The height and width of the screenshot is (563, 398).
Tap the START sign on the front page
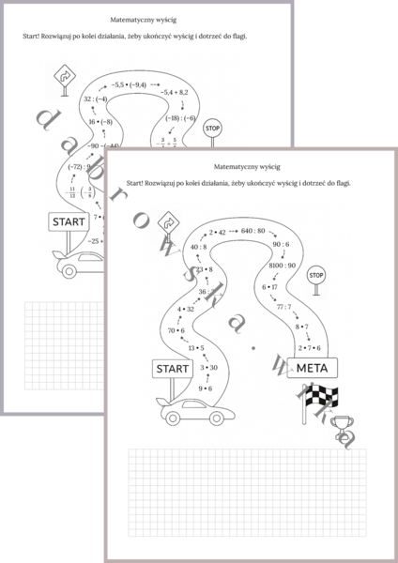176,368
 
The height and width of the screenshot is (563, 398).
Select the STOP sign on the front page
316,276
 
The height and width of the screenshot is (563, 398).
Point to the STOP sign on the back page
212,128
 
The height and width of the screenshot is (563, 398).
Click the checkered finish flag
317,401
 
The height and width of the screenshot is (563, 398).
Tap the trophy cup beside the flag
344,426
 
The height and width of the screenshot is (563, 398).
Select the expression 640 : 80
254,231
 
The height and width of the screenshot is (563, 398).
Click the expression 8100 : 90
281,266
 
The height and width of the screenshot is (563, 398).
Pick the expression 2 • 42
218,232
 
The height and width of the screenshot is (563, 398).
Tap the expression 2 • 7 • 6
310,346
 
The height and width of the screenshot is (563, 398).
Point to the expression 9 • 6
206,388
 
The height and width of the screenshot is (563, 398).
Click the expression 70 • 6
176,330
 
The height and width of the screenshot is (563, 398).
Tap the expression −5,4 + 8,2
175,93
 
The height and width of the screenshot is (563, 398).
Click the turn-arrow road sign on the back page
66,74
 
